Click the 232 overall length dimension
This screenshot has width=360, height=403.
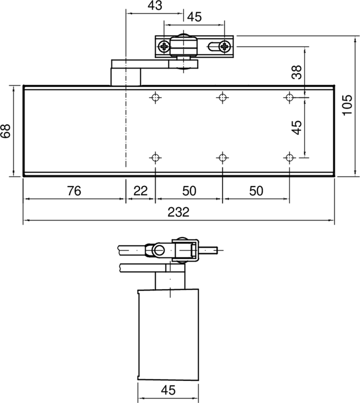178,213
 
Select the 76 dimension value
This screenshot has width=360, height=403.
74,191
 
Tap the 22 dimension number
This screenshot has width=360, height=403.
140,191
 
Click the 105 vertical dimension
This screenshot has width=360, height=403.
348,106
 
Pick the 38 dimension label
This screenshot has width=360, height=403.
297,73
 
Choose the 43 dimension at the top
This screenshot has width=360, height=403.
155,6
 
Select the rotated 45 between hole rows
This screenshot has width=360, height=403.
297,126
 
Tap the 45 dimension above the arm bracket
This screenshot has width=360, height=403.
194,17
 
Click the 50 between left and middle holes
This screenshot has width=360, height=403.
189,191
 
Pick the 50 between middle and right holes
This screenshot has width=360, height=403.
256,191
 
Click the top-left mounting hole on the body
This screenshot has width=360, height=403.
156,97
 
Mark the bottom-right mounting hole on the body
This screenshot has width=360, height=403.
289,158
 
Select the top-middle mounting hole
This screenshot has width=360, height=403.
222,97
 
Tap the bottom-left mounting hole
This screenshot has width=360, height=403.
156,158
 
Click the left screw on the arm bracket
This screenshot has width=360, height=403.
164,47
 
